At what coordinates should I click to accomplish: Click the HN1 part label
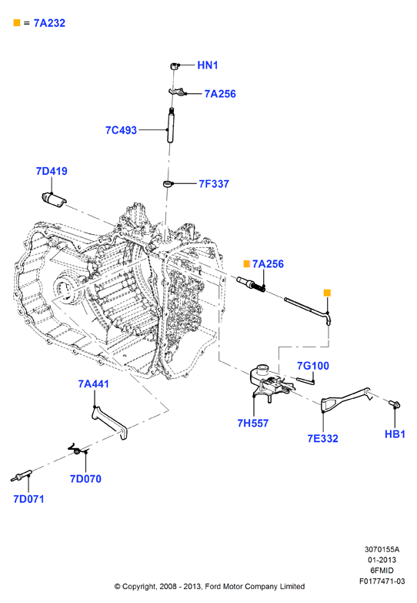point(208,65)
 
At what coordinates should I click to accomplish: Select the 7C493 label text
point(121,130)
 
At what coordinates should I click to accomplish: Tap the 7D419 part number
point(52,171)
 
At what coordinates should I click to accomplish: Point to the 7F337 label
point(214,184)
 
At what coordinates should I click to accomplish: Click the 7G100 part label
point(313,366)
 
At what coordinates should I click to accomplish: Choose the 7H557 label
point(253,423)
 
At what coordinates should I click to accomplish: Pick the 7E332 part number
point(323,438)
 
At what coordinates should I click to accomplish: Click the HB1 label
point(395,434)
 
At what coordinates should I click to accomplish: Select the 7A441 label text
point(93,384)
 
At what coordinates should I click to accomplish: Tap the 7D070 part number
point(85,479)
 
